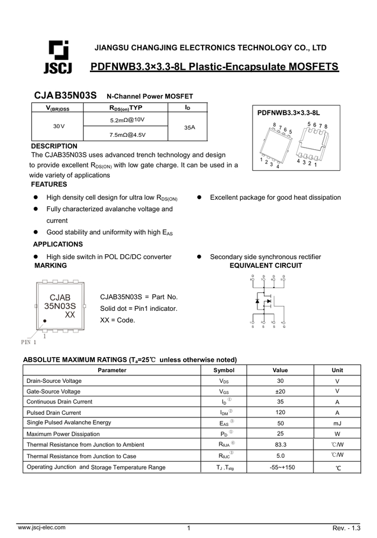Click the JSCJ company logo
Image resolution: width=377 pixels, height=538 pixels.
point(57,56)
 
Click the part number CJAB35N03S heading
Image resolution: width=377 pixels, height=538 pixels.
point(65,96)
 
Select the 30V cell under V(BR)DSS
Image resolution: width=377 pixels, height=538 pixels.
point(58,126)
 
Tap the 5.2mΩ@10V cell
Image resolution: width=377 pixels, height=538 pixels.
point(127,120)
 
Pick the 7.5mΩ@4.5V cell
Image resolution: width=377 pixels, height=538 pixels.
point(127,135)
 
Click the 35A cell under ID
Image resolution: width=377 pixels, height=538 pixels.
point(189,128)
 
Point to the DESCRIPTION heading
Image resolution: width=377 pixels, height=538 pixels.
point(54,146)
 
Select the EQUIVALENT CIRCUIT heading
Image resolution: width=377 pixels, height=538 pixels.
point(266,265)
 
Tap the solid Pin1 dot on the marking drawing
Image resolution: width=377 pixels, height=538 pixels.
point(45,321)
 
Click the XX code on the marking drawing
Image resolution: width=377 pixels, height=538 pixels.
point(69,315)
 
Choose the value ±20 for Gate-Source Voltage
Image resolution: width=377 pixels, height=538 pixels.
point(280,392)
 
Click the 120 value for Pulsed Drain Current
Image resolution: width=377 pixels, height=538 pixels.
point(280,413)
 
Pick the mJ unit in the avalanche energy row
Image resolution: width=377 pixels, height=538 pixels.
point(337,423)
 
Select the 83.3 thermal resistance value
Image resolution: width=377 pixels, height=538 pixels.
point(280,445)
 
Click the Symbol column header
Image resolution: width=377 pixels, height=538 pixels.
point(224,371)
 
